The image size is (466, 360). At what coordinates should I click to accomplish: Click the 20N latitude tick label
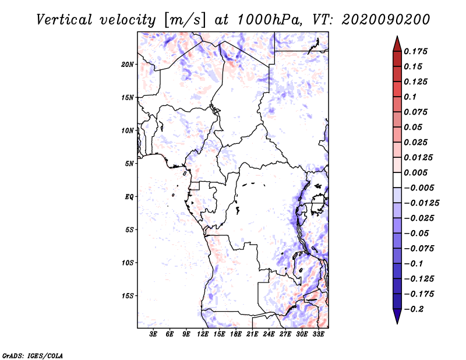[x=128, y=65]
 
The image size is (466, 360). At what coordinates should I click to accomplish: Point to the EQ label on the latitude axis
[x=129, y=197]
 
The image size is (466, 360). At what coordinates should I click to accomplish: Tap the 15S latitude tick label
[x=128, y=296]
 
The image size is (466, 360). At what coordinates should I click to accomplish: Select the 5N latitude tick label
[x=129, y=164]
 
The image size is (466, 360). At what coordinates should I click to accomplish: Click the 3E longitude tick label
[x=153, y=334]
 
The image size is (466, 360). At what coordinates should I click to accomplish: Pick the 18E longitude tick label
[x=236, y=334]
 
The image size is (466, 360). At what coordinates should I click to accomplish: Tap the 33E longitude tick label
[x=318, y=334]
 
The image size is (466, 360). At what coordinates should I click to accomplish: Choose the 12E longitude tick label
[x=203, y=334]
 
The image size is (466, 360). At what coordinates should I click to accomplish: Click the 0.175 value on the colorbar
[x=415, y=51]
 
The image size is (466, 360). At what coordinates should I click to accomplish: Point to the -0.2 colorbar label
[x=414, y=309]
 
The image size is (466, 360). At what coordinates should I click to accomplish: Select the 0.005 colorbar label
[x=415, y=172]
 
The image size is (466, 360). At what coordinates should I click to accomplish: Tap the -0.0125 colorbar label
[x=421, y=203]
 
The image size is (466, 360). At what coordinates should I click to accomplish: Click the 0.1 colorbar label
[x=410, y=97]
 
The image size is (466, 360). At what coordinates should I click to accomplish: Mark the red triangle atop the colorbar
[x=397, y=44]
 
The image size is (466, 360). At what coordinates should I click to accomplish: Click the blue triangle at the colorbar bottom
[x=397, y=316]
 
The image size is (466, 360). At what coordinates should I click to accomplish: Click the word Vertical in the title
[x=64, y=20]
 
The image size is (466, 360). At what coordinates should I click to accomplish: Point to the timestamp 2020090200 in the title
[x=386, y=20]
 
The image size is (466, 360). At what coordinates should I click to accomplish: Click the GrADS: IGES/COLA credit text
[x=33, y=356]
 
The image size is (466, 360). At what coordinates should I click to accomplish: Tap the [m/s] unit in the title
[x=185, y=20]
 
